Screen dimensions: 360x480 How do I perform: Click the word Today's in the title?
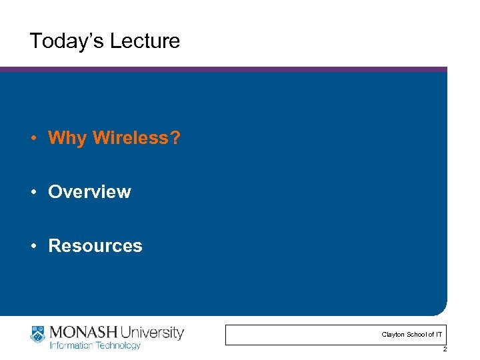(63, 41)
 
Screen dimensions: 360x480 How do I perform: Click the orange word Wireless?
(137, 138)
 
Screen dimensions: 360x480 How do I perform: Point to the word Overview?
(89, 192)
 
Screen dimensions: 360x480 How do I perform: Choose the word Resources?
(95, 245)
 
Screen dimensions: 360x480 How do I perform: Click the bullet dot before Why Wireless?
(33, 139)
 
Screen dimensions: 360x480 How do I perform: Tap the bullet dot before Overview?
(33, 192)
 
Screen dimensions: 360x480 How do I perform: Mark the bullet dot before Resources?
(33, 246)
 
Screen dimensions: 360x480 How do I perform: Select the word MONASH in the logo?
(79, 332)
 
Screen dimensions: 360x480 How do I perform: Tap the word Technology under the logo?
(118, 345)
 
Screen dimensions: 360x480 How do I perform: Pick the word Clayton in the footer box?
(392, 334)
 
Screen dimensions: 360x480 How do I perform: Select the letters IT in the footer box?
(438, 334)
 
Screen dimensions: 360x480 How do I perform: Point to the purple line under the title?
(223, 69)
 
